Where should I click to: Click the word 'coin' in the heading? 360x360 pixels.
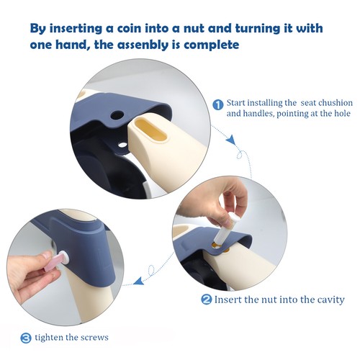tap(128, 29)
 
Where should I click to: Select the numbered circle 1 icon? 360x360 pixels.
tap(218, 105)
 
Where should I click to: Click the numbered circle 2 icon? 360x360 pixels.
tap(207, 300)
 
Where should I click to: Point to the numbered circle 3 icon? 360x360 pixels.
tap(26, 338)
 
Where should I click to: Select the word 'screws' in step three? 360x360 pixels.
tap(94, 338)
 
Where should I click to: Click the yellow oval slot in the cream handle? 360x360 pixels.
tap(150, 130)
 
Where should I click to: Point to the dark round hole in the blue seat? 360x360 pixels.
tap(117, 115)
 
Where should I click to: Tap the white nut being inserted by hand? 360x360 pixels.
tap(225, 227)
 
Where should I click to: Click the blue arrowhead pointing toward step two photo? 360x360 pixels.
tap(231, 139)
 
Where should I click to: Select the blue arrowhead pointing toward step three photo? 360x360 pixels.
tap(138, 281)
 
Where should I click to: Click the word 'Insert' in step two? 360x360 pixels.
tap(228, 300)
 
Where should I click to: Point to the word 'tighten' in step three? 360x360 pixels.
tap(49, 338)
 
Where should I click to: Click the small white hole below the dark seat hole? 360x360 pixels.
tap(122, 145)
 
